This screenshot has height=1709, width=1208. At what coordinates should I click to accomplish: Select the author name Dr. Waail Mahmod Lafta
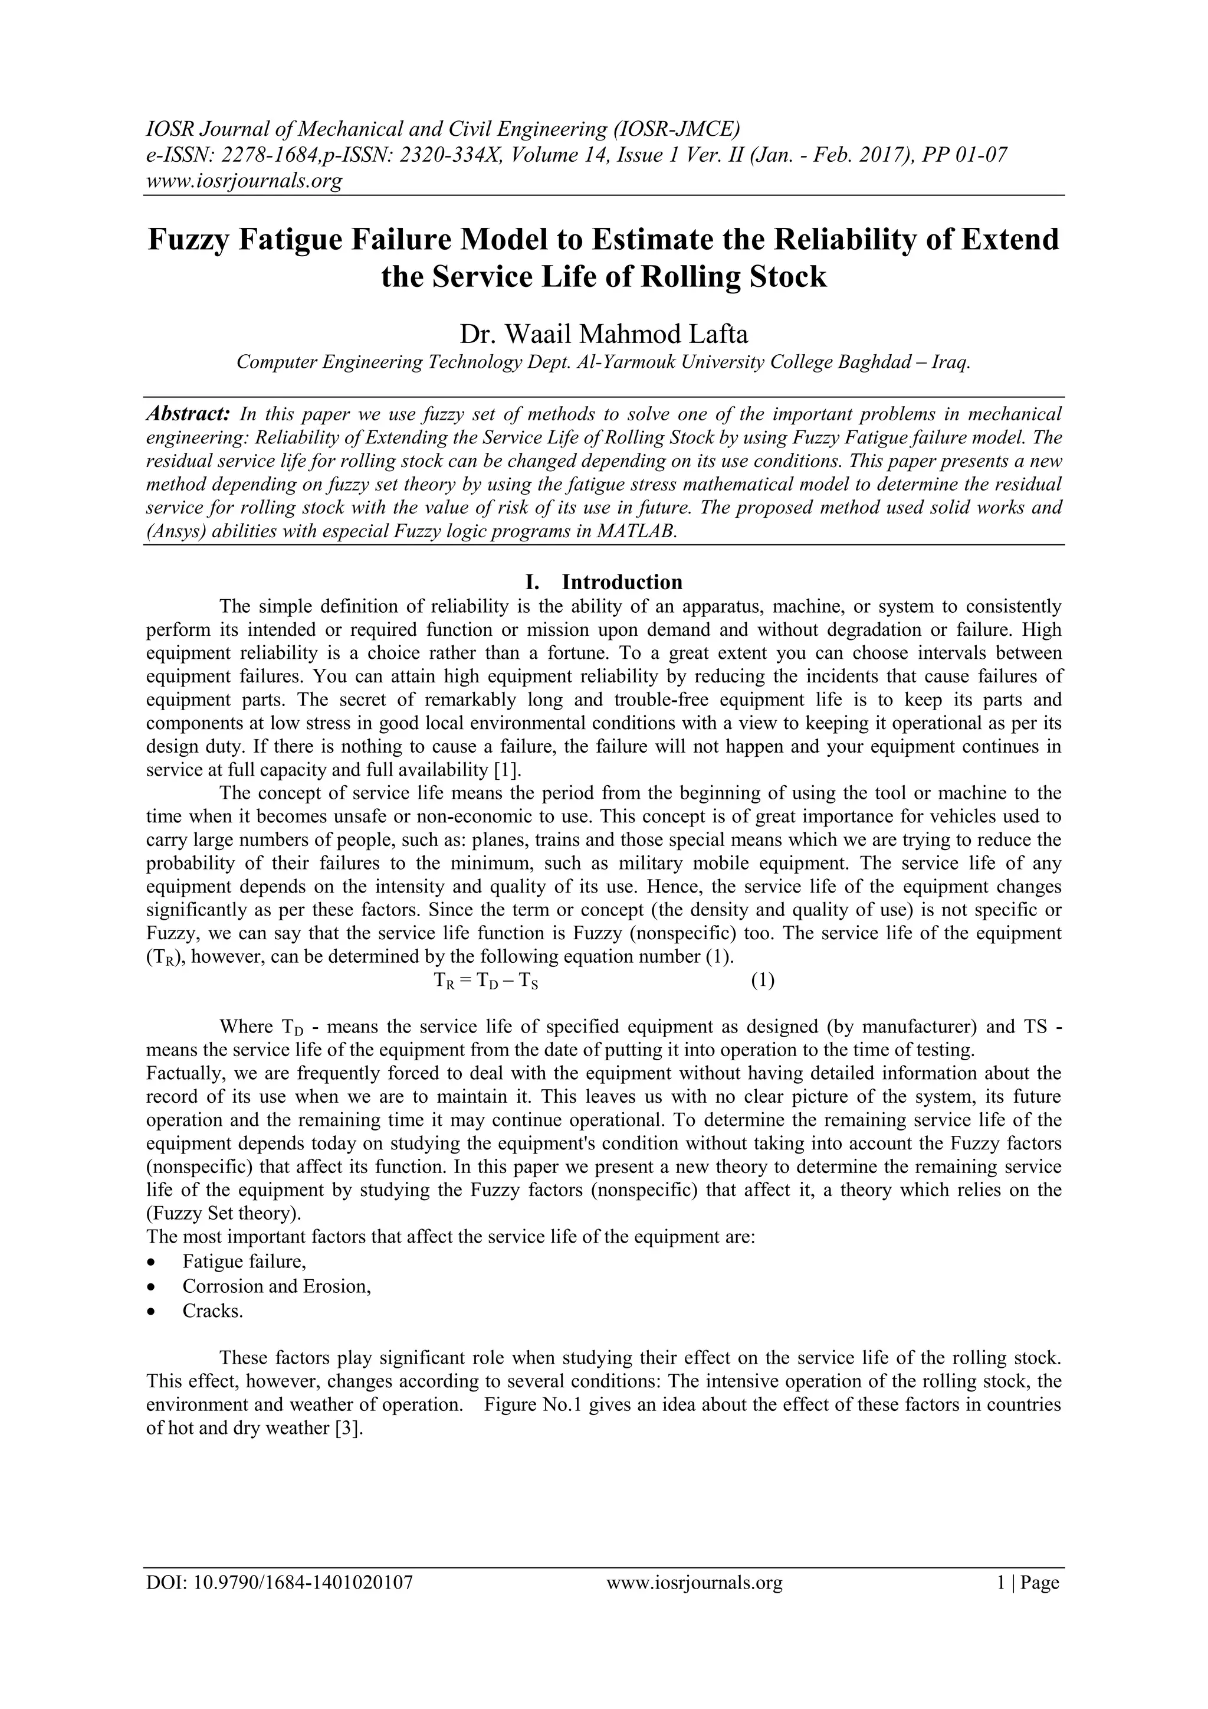603,334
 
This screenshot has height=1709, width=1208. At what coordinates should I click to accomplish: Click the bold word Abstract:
188,414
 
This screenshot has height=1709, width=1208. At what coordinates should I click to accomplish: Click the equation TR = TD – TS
485,981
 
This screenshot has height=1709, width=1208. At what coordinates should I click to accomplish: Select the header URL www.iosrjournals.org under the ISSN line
243,180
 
